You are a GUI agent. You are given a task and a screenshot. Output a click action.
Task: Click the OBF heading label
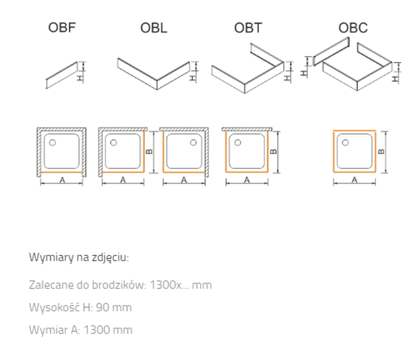click(x=62, y=28)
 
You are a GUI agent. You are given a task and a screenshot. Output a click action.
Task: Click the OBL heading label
click(x=153, y=28)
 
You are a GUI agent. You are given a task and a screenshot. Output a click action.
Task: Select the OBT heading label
click(x=248, y=28)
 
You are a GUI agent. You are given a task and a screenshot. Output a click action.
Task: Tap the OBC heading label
click(x=353, y=28)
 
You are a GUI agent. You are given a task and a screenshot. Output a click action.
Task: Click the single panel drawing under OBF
click(x=61, y=76)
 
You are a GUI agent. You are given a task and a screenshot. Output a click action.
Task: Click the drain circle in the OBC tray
click(x=345, y=143)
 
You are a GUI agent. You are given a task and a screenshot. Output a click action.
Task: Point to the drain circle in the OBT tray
click(x=238, y=142)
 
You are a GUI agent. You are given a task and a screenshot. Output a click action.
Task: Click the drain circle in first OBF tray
click(x=52, y=143)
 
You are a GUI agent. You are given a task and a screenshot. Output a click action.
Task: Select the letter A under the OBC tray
click(x=354, y=179)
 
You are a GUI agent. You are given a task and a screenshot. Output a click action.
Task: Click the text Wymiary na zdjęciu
click(x=79, y=257)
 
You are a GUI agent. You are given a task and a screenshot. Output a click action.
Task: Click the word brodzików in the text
click(x=122, y=284)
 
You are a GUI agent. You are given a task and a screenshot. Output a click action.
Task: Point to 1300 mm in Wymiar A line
click(x=108, y=330)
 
